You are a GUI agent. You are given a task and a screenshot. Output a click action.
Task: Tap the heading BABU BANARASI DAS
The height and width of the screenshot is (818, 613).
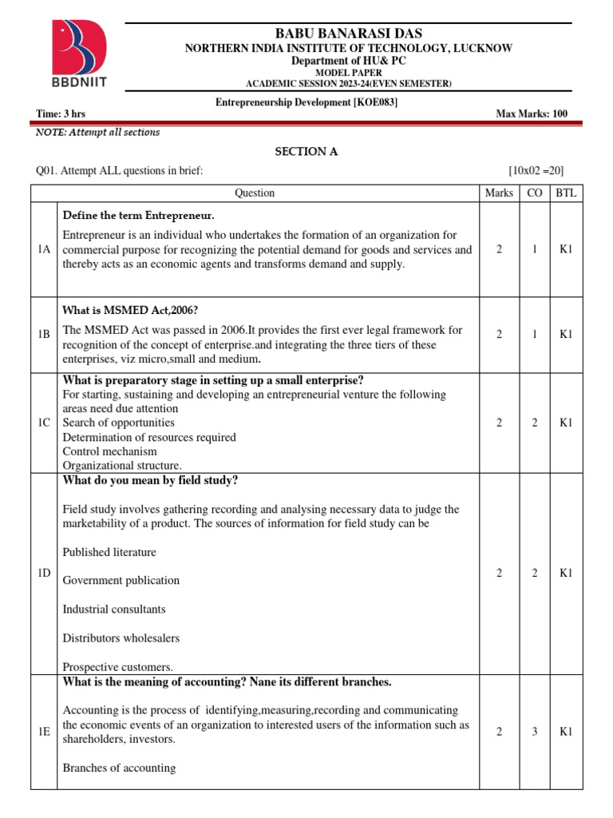349,33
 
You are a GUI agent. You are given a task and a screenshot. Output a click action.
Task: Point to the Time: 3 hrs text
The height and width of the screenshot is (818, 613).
61,114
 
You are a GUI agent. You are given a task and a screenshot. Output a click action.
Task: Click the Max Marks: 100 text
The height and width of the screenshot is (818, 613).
532,114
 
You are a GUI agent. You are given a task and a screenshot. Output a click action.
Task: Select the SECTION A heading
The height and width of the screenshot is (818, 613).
301,151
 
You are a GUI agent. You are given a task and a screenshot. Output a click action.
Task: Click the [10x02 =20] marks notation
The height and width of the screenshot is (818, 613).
536,170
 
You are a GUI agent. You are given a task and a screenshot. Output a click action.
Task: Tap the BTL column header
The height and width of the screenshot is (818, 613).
566,193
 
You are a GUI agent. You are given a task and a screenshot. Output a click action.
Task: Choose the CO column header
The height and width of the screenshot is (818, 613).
534,193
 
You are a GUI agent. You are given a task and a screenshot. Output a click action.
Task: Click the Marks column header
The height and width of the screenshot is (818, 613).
499,193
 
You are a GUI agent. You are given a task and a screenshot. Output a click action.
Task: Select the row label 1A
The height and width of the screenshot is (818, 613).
45,250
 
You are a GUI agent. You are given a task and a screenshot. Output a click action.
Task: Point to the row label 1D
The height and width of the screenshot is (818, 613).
45,573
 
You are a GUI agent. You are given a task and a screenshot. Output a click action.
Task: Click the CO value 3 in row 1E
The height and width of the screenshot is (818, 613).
534,732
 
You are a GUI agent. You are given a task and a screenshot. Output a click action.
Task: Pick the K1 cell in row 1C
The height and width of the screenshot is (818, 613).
566,423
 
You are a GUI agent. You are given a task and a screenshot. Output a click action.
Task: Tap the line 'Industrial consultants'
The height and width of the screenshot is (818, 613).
114,610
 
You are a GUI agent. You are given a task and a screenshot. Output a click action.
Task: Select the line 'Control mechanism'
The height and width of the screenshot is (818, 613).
109,451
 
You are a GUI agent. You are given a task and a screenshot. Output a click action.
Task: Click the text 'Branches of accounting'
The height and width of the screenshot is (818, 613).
119,768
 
